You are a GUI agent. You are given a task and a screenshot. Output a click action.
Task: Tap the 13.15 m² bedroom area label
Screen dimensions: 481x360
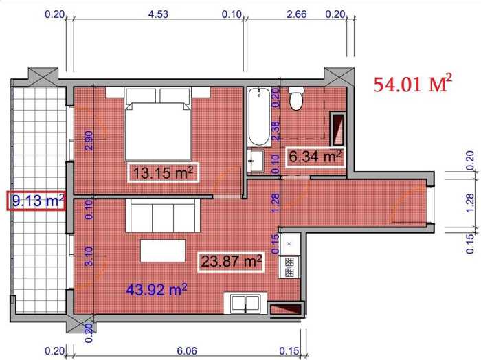click(x=164, y=173)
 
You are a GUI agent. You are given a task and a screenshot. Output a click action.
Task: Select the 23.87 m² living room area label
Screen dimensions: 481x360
click(x=231, y=262)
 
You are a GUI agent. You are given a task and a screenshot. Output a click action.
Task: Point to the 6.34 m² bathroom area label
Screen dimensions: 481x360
click(x=315, y=157)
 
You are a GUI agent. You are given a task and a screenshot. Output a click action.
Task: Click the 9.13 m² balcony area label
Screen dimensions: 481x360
click(x=36, y=201)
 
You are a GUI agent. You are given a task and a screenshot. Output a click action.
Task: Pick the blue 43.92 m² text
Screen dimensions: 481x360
click(x=157, y=289)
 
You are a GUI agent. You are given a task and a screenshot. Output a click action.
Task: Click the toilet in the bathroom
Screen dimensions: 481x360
click(x=296, y=98)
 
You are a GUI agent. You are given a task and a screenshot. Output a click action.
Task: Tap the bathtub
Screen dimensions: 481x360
click(x=260, y=117)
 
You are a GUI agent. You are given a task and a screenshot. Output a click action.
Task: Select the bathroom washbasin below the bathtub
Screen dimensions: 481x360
click(x=256, y=161)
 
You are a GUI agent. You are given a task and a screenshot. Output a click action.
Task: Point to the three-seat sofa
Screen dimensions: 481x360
click(x=163, y=215)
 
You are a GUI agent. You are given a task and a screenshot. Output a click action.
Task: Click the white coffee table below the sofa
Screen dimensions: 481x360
click(x=163, y=251)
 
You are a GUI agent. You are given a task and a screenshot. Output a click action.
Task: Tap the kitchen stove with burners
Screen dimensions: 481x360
click(x=289, y=267)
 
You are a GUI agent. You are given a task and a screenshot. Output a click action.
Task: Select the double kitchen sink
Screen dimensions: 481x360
click(x=245, y=303)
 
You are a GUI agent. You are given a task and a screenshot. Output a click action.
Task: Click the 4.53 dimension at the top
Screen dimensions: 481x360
click(x=158, y=14)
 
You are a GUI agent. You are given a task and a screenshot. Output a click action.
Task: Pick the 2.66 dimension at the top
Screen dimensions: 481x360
click(x=296, y=14)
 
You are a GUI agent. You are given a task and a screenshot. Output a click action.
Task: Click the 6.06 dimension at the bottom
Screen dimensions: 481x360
click(x=187, y=351)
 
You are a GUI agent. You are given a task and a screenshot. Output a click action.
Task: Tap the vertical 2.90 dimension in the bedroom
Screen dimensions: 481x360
click(x=89, y=140)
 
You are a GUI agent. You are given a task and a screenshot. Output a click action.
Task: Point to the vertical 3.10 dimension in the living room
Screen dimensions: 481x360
click(x=89, y=256)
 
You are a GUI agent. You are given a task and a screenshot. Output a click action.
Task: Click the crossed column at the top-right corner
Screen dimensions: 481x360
click(x=339, y=77)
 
